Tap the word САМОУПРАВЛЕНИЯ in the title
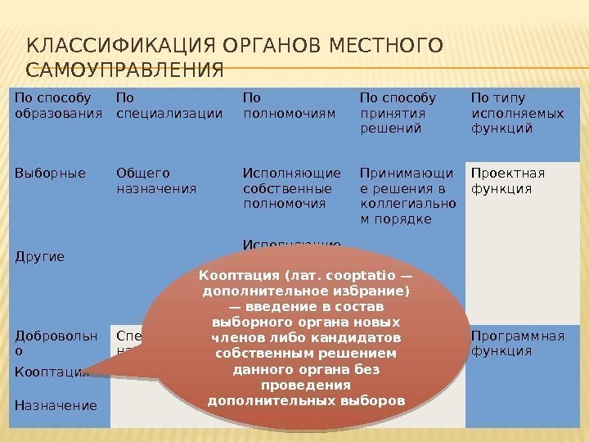pos(124,71)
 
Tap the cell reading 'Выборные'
pos(50,173)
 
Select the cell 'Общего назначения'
pos(156,180)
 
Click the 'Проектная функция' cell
pos(508,180)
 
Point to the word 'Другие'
pos(39,255)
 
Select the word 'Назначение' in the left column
pos(55,404)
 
